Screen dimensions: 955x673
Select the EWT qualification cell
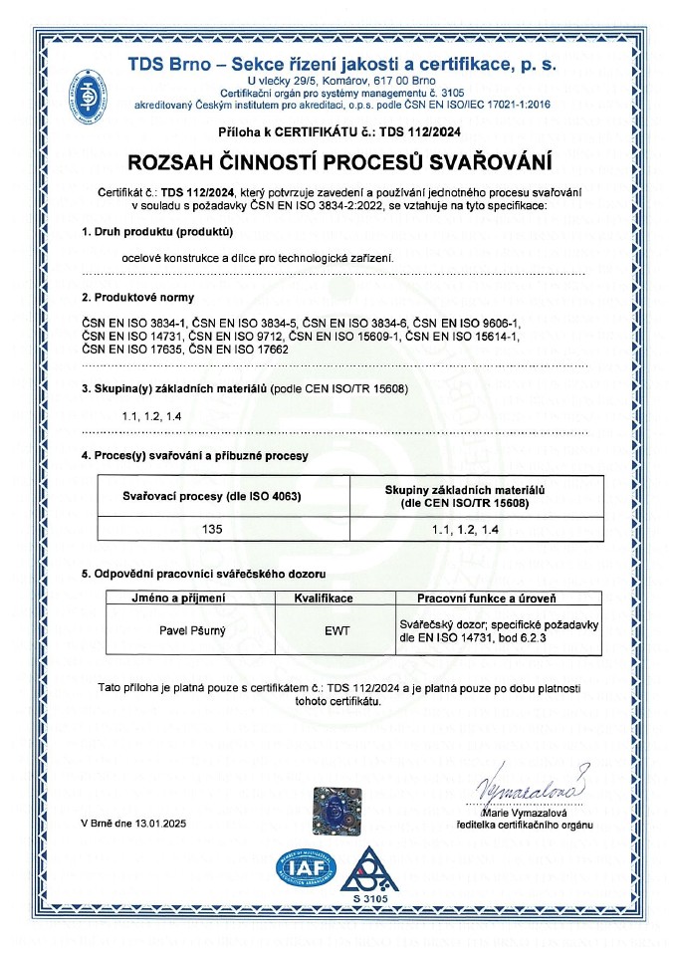(x=338, y=630)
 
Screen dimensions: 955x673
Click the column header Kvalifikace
(x=338, y=597)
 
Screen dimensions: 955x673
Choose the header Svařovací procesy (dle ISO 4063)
(x=211, y=496)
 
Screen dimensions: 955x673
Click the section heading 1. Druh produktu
(x=156, y=233)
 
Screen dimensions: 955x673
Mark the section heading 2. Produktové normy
(x=137, y=297)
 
